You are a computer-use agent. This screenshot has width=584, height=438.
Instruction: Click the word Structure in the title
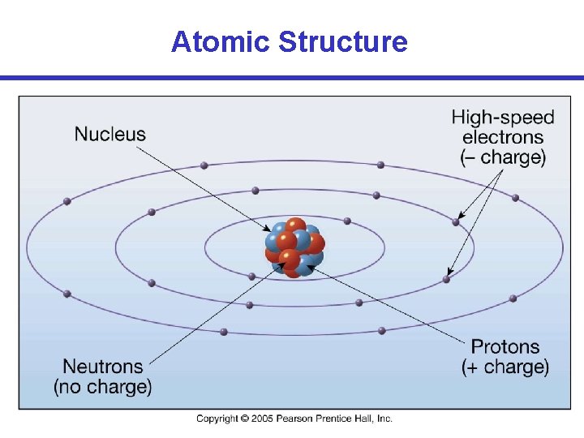pos(342,41)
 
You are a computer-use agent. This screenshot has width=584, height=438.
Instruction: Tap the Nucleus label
pos(110,134)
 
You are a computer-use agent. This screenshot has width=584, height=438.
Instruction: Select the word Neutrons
pos(103,367)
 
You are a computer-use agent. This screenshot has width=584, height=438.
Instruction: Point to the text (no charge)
pos(103,387)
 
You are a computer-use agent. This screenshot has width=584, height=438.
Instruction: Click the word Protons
pos(505,347)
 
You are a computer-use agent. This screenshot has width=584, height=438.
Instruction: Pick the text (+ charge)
pos(505,367)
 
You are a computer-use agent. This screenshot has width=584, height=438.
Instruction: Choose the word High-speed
pos(503,118)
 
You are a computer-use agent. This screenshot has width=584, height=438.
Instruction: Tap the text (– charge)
pos(503,157)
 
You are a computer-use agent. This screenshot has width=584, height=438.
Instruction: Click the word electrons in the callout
pos(503,137)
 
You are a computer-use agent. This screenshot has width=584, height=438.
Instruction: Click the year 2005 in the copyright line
pos(262,419)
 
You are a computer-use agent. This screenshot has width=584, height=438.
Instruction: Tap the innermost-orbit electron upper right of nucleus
pos(347,221)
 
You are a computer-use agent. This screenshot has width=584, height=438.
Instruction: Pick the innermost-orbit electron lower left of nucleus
pos(252,277)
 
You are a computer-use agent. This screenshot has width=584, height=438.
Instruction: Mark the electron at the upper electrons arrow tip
pos(456,221)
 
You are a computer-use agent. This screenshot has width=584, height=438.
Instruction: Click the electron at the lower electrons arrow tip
pos(446,280)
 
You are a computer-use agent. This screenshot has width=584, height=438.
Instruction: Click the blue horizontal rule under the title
pos(292,78)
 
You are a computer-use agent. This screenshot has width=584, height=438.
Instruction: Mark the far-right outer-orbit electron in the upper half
pos(515,197)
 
